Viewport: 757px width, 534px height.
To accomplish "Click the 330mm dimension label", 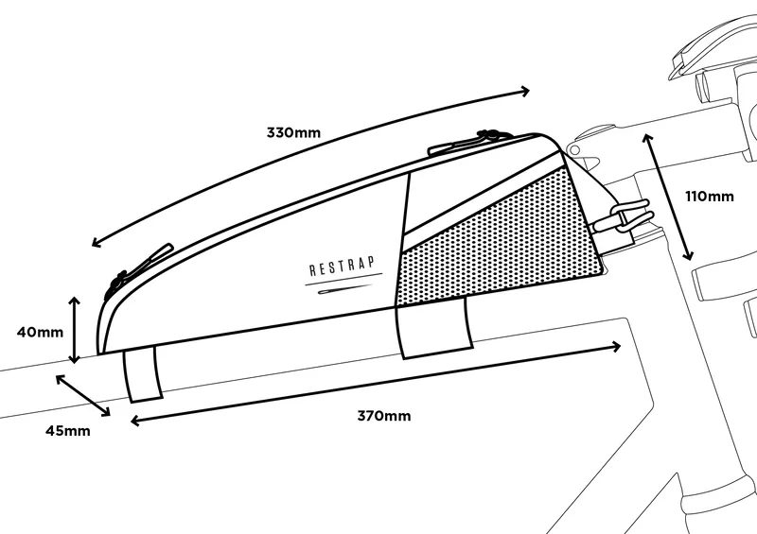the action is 293,132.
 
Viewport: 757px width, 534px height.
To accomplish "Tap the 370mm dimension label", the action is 384,416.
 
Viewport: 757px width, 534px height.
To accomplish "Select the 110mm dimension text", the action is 710,197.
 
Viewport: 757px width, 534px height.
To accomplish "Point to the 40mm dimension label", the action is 40,332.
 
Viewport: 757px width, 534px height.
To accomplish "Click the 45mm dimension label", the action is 68,430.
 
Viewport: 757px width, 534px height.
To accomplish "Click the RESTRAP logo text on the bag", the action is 342,266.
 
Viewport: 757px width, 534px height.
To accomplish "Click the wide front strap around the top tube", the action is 433,328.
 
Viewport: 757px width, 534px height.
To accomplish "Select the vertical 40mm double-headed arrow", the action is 74,330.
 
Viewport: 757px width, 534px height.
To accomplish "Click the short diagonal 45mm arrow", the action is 83,395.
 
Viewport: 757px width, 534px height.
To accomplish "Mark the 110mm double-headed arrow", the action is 668,197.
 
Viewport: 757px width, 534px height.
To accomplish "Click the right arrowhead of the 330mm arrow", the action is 525,91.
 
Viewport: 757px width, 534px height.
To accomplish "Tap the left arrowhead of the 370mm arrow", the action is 135,422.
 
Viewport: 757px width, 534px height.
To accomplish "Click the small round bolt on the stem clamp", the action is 574,150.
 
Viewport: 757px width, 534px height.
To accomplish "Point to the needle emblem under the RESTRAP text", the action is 344,288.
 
